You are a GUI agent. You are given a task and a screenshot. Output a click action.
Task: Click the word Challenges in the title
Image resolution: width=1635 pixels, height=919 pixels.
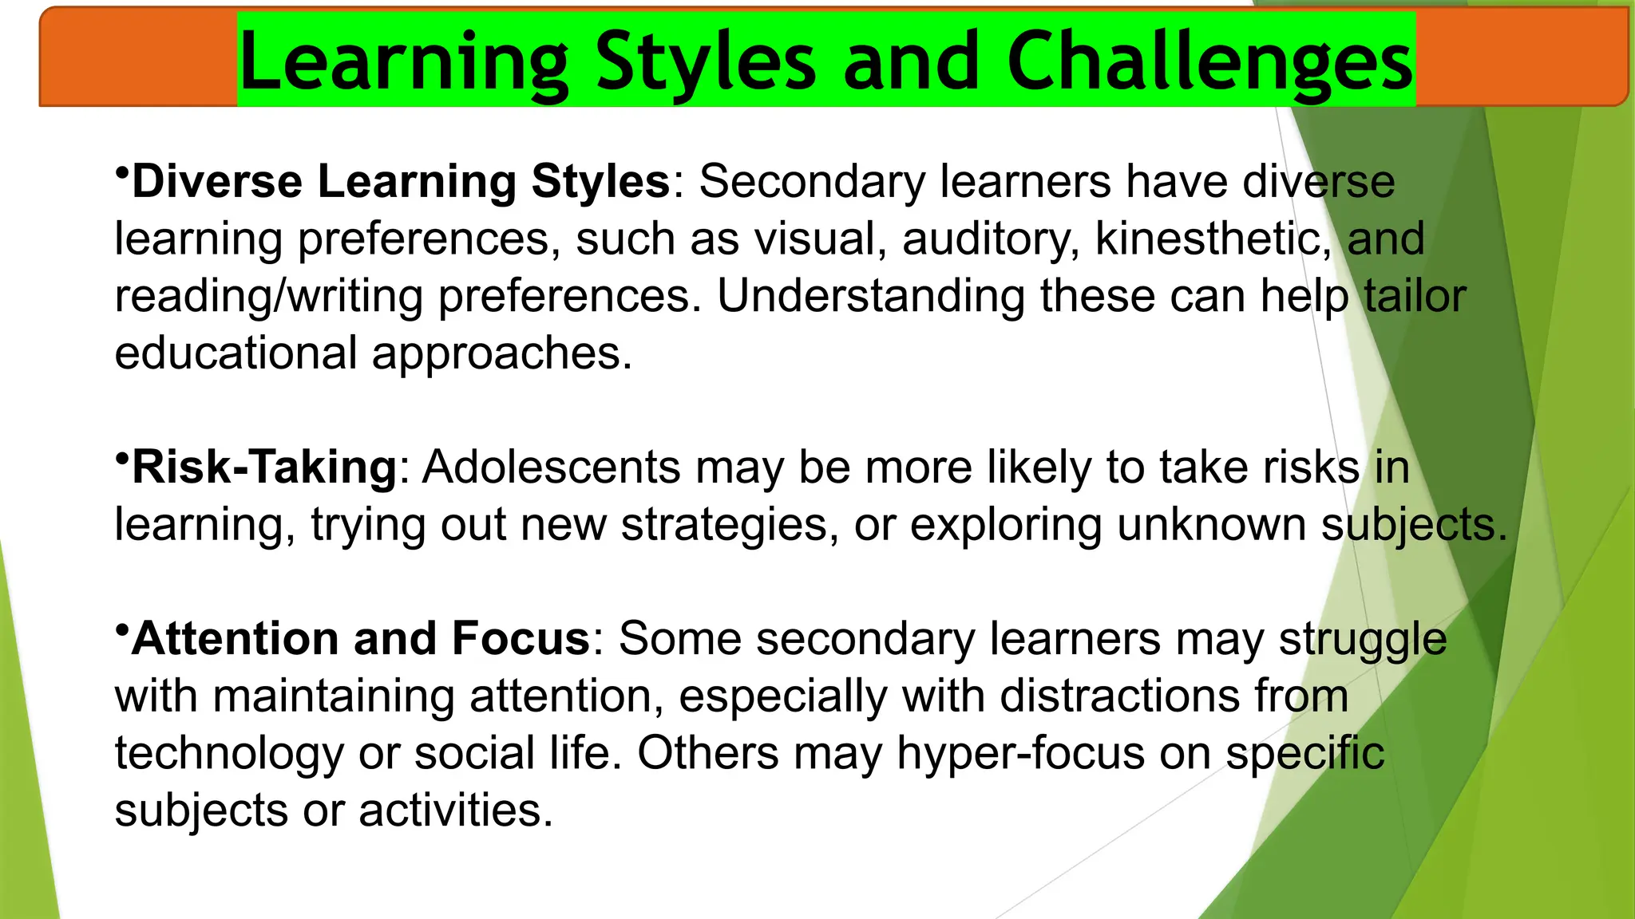[1209, 62]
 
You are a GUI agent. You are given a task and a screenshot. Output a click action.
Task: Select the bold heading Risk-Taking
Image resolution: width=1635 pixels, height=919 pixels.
[264, 467]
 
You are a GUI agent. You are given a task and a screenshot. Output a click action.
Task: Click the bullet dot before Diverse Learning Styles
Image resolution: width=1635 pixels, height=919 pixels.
[121, 172]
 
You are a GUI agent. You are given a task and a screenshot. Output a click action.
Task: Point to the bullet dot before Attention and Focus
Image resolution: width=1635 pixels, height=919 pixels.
[121, 629]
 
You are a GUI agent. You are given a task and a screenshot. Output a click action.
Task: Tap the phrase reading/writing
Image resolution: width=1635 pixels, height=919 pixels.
[268, 296]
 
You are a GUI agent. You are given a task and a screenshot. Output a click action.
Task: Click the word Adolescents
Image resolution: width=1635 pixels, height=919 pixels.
[551, 467]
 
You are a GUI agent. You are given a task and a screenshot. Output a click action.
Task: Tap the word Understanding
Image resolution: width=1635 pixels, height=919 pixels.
[870, 296]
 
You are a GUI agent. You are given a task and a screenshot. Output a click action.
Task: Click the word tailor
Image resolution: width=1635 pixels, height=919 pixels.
[1415, 296]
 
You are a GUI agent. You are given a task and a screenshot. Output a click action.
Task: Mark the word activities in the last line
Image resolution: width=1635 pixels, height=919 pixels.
[455, 811]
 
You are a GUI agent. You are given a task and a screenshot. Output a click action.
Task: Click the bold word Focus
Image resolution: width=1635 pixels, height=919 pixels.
[520, 639]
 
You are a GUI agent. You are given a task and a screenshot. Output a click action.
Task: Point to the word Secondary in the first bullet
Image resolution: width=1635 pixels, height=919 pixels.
[812, 182]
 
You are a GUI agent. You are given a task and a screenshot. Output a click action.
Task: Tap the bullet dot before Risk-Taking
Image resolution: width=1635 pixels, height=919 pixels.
[121, 458]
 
